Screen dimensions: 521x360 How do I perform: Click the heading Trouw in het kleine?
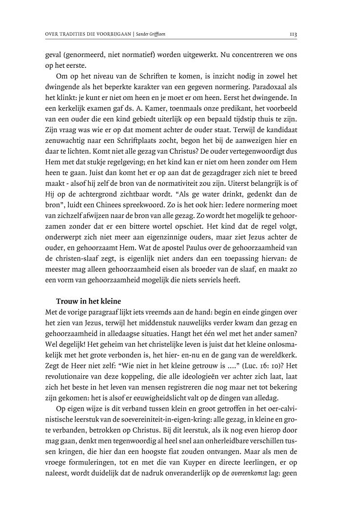88,301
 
